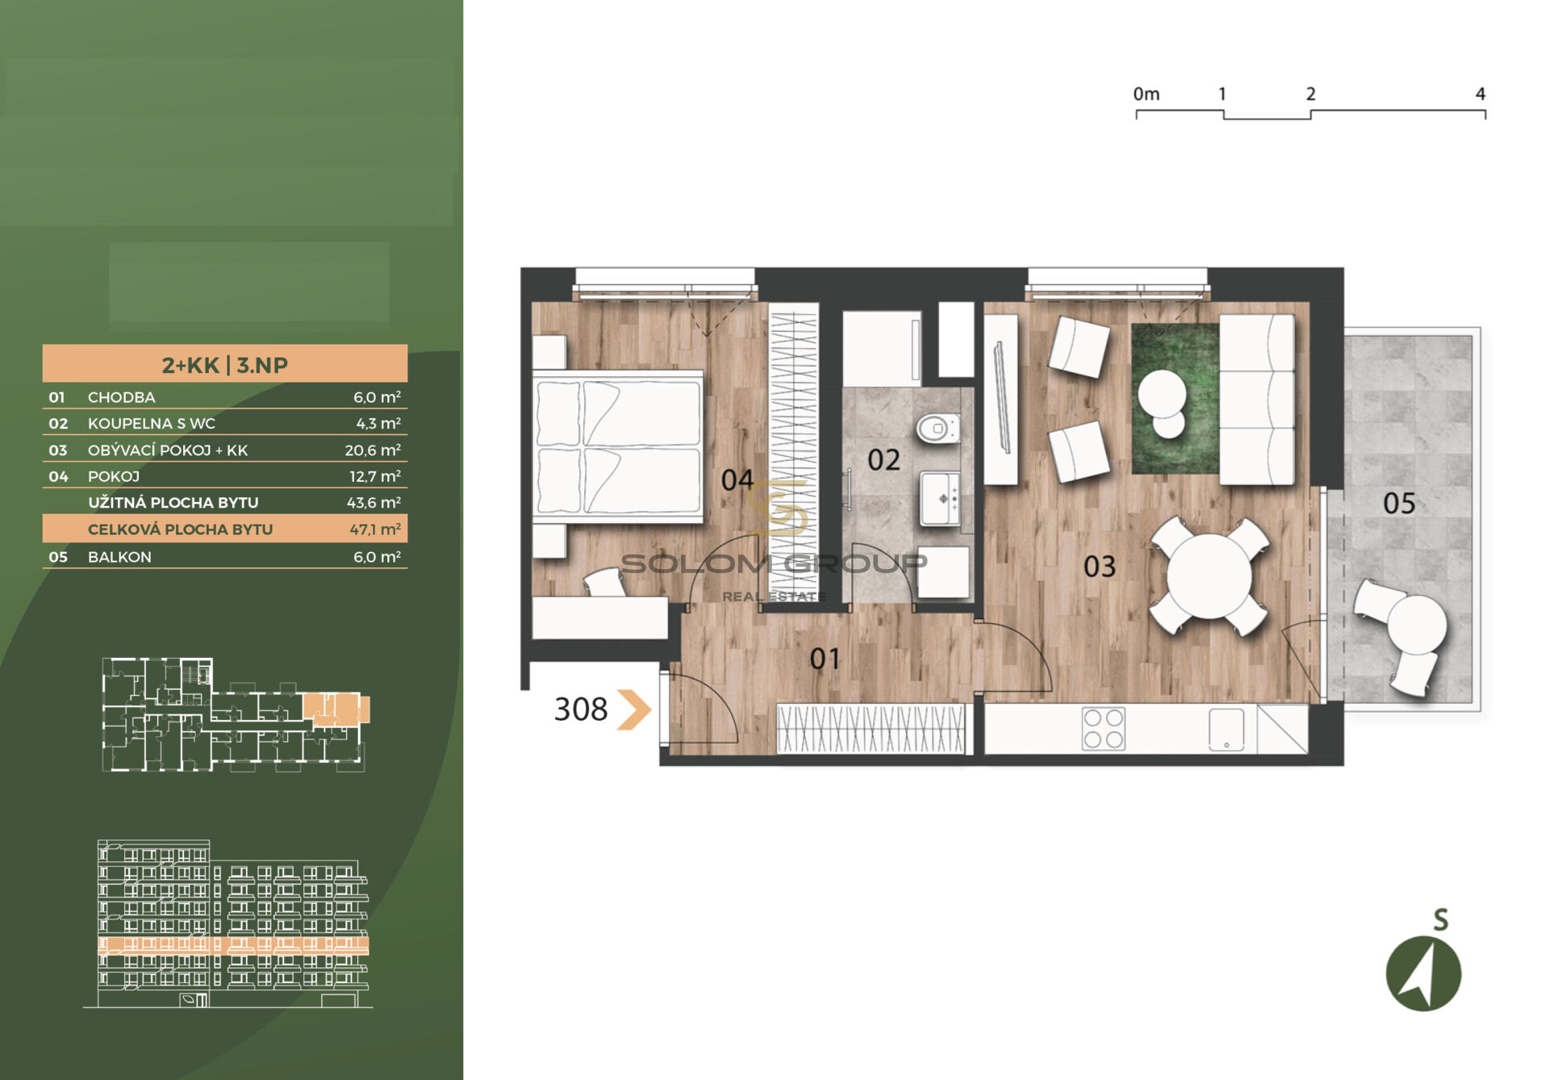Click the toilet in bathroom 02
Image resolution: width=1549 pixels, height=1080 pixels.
click(938, 428)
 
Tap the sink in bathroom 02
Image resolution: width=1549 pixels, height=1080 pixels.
click(941, 499)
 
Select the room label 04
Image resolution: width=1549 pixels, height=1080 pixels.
click(737, 480)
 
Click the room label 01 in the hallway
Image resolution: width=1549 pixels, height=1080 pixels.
click(825, 659)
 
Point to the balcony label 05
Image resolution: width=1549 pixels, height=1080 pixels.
click(1399, 504)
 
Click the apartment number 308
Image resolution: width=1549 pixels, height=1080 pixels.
click(581, 710)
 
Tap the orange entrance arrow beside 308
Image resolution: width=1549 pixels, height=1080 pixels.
click(634, 710)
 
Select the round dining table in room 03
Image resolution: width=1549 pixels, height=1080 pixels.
click(1209, 576)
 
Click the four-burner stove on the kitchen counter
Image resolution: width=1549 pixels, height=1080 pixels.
click(1104, 729)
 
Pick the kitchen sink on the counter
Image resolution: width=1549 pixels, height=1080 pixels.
click(1226, 730)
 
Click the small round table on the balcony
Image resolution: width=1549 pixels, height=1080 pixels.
click(1417, 623)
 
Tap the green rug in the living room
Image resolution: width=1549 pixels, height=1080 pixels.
click(1175, 399)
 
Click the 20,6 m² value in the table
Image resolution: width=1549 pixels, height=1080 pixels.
click(373, 450)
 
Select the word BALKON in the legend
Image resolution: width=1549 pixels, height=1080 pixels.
click(119, 557)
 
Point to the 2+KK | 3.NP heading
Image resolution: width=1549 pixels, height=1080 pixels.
click(225, 365)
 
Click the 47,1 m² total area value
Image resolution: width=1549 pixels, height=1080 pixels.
click(375, 529)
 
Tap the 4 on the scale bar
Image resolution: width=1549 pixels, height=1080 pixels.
click(1480, 94)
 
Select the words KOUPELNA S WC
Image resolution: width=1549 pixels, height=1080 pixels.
click(152, 423)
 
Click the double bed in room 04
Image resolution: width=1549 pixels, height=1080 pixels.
click(618, 446)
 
